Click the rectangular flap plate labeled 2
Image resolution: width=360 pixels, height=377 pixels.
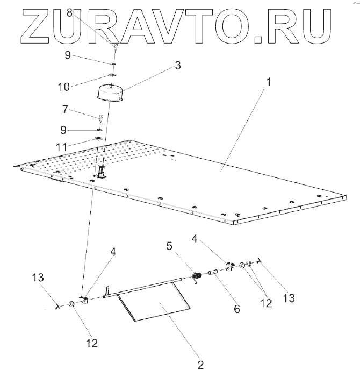(156, 304)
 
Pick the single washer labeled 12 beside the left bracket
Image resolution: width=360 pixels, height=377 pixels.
(71, 305)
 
